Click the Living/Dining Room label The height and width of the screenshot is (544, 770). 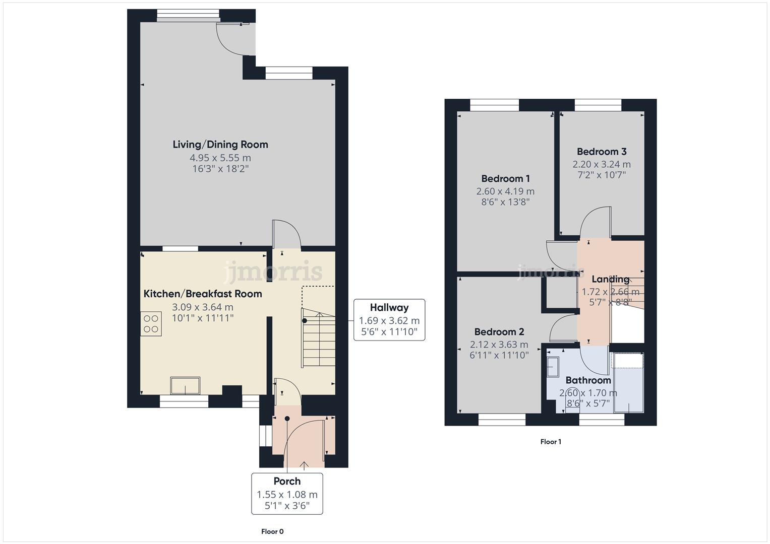pyautogui.click(x=220, y=145)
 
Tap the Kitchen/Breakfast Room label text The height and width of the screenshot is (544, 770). pyautogui.click(x=203, y=294)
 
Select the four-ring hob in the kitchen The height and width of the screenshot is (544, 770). pyautogui.click(x=151, y=324)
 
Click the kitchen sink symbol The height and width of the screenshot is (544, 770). pyautogui.click(x=185, y=386)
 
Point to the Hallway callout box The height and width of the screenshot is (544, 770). pyautogui.click(x=389, y=320)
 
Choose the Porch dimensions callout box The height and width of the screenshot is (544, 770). pyautogui.click(x=287, y=494)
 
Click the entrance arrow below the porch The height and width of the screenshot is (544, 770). pyautogui.click(x=304, y=466)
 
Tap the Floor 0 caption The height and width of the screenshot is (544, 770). pyautogui.click(x=272, y=531)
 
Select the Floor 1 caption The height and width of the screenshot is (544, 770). pyautogui.click(x=551, y=442)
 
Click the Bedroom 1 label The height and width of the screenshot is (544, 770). pyautogui.click(x=505, y=179)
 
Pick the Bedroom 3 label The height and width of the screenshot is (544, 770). pyautogui.click(x=602, y=152)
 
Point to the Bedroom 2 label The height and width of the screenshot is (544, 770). pyautogui.click(x=499, y=332)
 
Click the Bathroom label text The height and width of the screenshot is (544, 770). pyautogui.click(x=588, y=380)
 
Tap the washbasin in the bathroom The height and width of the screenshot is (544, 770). pyautogui.click(x=553, y=367)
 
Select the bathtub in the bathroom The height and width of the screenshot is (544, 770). pyautogui.click(x=628, y=383)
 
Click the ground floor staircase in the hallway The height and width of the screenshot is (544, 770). pyautogui.click(x=318, y=337)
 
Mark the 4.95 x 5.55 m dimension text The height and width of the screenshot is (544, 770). pyautogui.click(x=220, y=158)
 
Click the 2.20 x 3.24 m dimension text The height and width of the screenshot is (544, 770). pyautogui.click(x=602, y=165)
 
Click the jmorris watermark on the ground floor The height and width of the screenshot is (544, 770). pyautogui.click(x=273, y=271)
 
